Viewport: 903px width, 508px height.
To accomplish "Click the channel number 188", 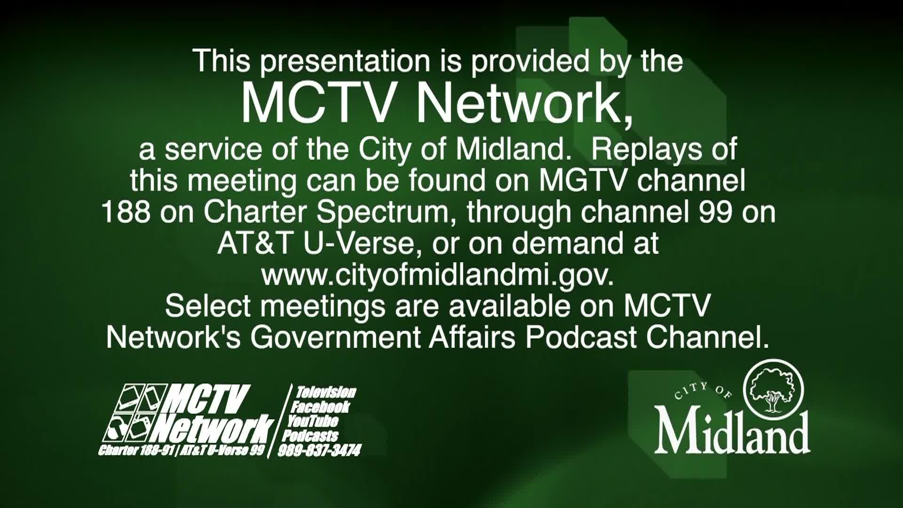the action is coord(126,212).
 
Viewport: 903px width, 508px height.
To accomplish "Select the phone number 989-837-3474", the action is coord(319,451).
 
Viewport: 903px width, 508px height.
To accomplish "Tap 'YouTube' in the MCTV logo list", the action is coord(313,421).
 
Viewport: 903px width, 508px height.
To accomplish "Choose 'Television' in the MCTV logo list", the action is coord(326,392).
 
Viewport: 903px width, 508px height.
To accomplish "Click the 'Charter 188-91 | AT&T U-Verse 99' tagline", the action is coord(182,450).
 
